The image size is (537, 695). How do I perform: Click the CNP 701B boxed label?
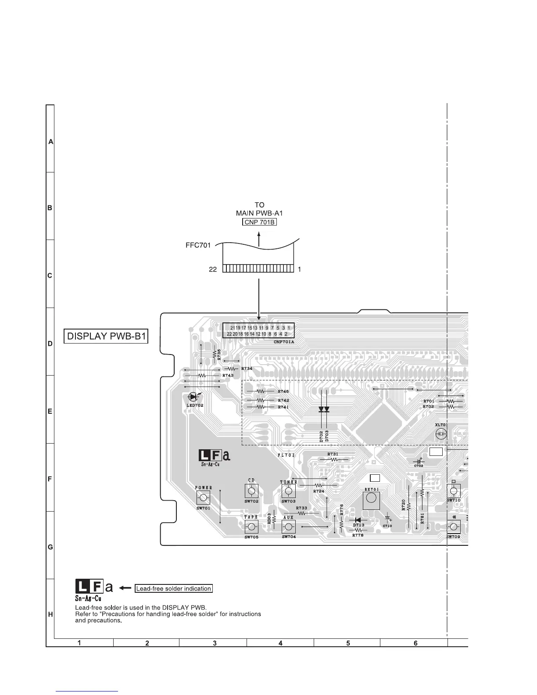tap(259, 222)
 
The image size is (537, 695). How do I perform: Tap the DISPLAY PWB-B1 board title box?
tap(106, 337)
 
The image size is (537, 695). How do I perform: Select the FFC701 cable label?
tap(198, 245)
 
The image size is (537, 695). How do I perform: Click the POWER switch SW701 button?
tap(203, 498)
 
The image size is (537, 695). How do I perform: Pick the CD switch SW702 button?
tap(251, 491)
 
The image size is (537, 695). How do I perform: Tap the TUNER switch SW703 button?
tap(288, 491)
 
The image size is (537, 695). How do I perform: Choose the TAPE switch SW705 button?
tap(251, 527)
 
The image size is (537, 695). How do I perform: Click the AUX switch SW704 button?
tap(289, 527)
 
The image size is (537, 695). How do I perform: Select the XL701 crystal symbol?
tap(441, 434)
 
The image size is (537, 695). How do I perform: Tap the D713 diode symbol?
tap(358, 520)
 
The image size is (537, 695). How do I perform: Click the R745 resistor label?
tap(283, 391)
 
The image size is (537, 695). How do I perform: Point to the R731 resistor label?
tap(333, 454)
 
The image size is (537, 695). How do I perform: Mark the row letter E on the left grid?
tap(50, 412)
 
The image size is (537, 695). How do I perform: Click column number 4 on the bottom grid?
tap(280, 643)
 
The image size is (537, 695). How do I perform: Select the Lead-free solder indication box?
tap(173, 588)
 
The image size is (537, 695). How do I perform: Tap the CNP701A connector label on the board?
tap(284, 341)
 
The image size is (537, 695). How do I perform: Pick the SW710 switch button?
tap(454, 491)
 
